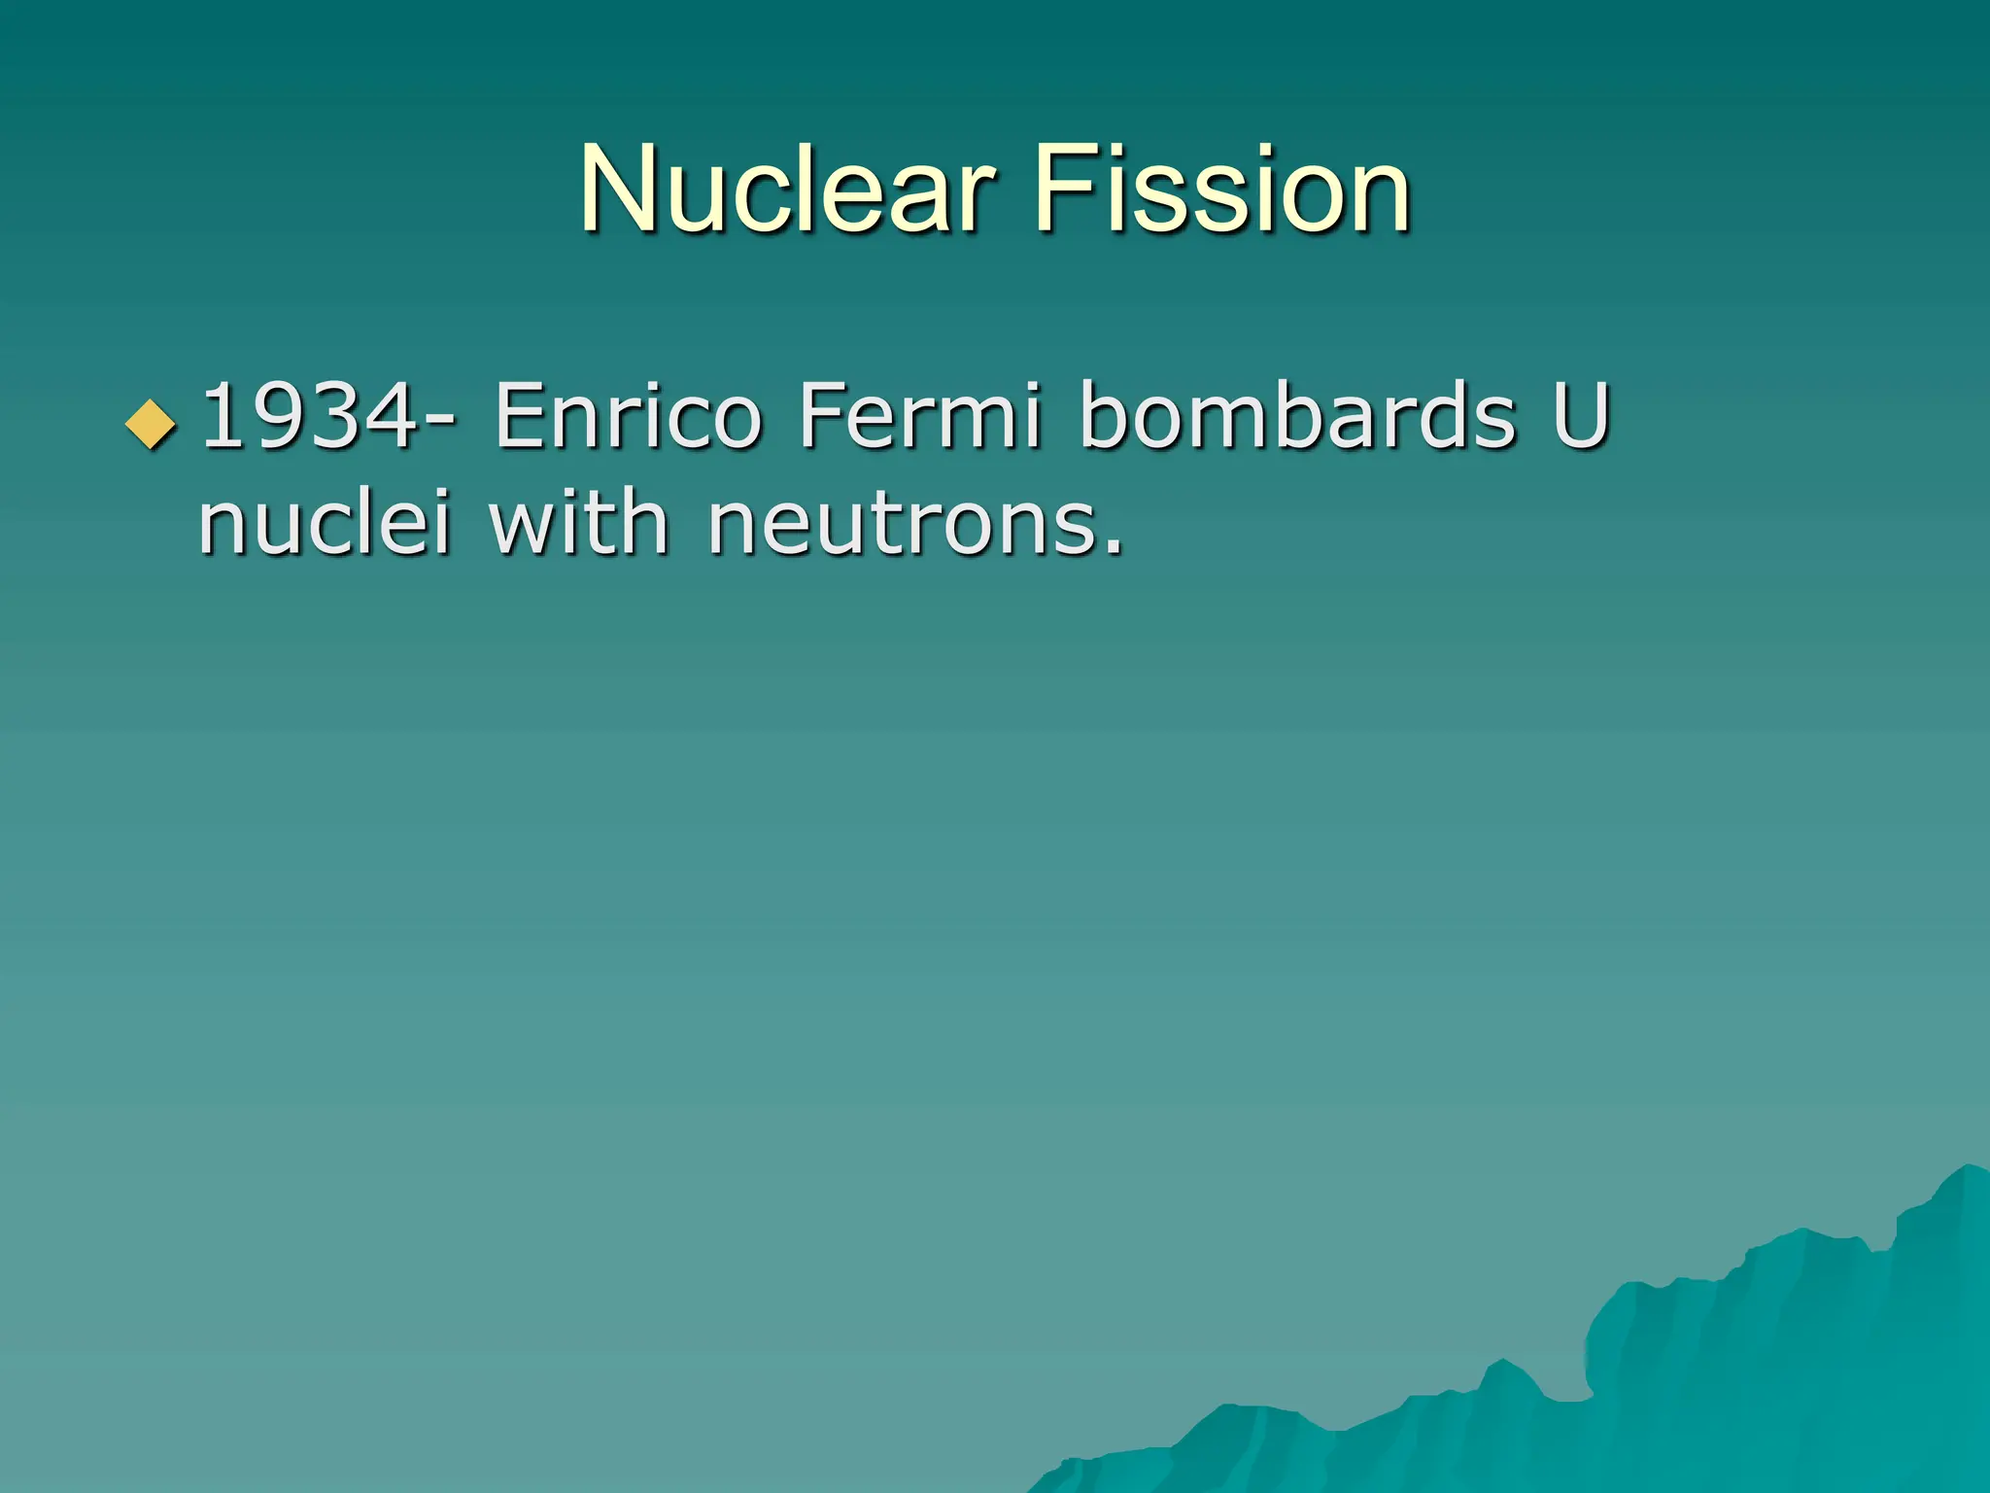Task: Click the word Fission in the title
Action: [x=1221, y=189]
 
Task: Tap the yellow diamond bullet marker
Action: [x=152, y=423]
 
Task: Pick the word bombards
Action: [x=1298, y=417]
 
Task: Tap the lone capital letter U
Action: [x=1582, y=417]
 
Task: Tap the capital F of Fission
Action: [x=1056, y=189]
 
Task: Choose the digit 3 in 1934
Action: [x=330, y=417]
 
